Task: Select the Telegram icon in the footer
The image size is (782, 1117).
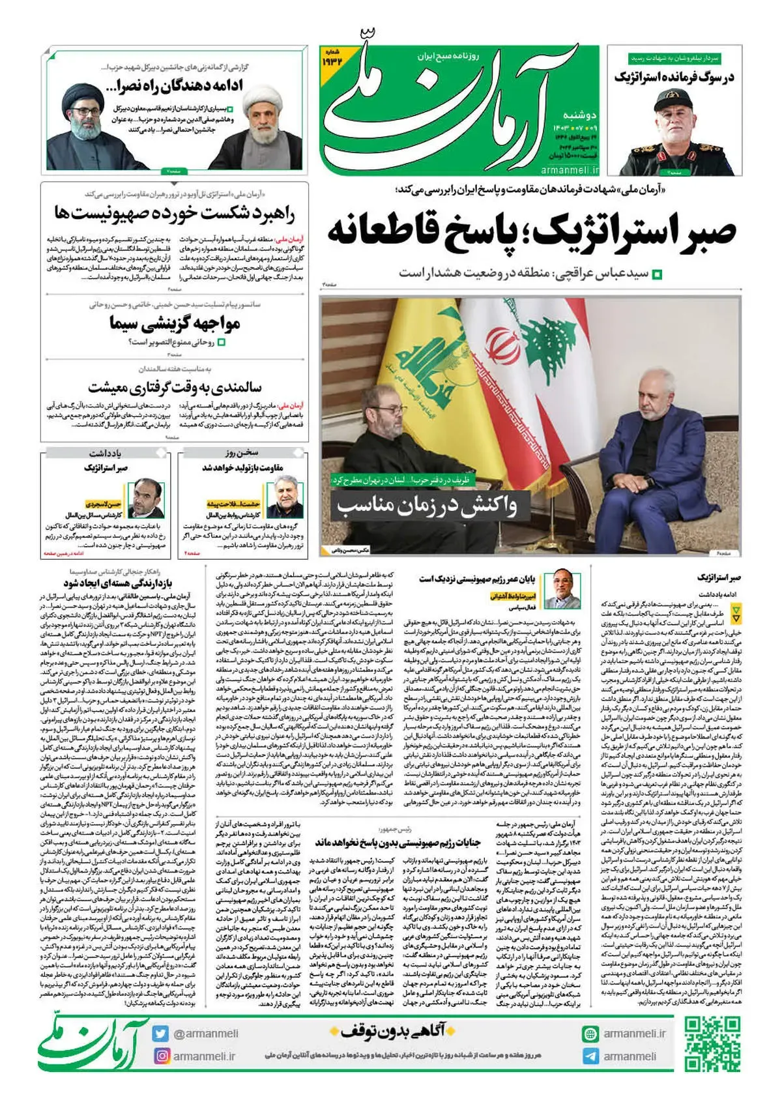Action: point(590,1056)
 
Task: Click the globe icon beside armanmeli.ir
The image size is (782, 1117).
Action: point(590,1034)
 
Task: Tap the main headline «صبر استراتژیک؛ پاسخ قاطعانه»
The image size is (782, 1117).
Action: point(531,231)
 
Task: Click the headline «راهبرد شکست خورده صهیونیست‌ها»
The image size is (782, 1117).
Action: point(175,214)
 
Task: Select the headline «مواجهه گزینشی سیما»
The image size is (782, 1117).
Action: point(175,323)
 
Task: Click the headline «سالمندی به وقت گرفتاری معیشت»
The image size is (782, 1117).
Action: point(175,387)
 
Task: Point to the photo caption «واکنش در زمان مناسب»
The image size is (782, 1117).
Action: point(426,506)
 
